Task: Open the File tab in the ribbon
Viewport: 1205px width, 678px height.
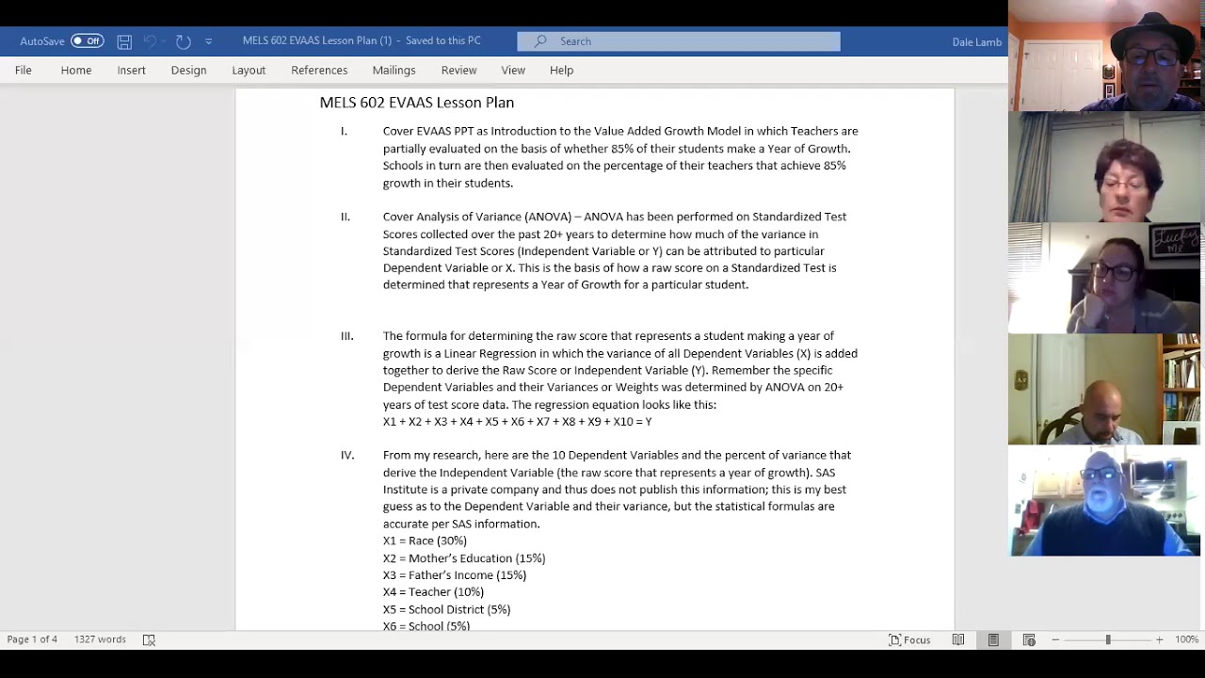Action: pos(24,70)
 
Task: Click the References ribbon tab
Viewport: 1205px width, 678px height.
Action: pos(319,70)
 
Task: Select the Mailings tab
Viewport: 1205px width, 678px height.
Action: pos(394,70)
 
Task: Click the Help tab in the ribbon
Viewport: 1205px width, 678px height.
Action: pos(561,70)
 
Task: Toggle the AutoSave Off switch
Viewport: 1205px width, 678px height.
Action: pos(87,41)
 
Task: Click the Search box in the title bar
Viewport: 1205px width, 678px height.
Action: pos(678,41)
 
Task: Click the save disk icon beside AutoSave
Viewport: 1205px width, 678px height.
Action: pos(124,41)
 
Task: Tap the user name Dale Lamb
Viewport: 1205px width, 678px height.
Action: pos(976,41)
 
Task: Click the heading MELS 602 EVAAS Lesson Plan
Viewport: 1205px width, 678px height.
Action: pos(416,103)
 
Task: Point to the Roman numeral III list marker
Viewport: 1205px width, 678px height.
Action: pos(346,336)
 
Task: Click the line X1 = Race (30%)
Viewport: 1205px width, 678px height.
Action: pos(425,541)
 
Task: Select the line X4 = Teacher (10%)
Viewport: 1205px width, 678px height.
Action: pos(433,592)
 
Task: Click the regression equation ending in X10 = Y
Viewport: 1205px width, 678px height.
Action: pos(517,422)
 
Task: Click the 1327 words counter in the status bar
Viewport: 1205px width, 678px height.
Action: pos(100,639)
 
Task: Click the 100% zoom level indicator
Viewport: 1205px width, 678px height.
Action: pos(1186,639)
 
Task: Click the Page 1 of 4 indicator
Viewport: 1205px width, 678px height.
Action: pos(32,639)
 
